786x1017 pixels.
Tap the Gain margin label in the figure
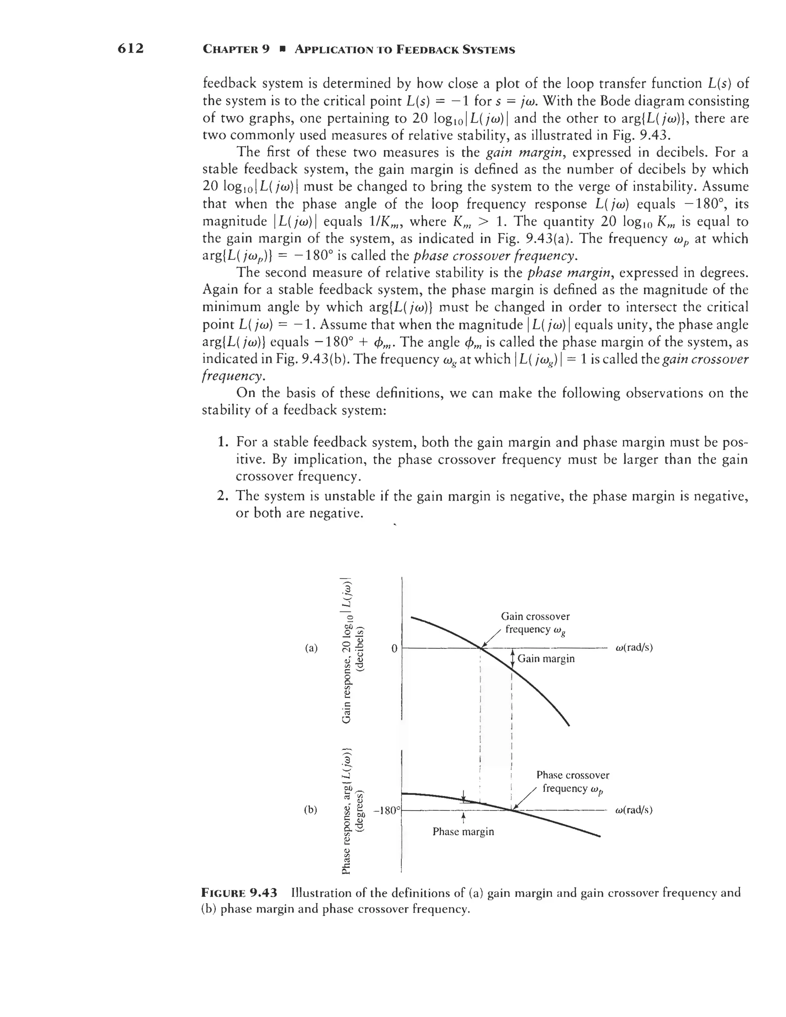click(546, 658)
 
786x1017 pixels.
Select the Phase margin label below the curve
click(463, 831)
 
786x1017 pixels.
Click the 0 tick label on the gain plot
click(394, 648)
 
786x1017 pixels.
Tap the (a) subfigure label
click(311, 648)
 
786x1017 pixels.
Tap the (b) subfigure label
click(311, 810)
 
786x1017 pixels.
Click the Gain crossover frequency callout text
click(535, 623)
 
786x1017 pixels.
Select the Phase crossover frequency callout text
click(572, 781)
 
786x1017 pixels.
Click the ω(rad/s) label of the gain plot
click(634, 648)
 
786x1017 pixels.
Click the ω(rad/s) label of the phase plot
click(634, 810)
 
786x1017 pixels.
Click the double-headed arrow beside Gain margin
click(512, 658)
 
